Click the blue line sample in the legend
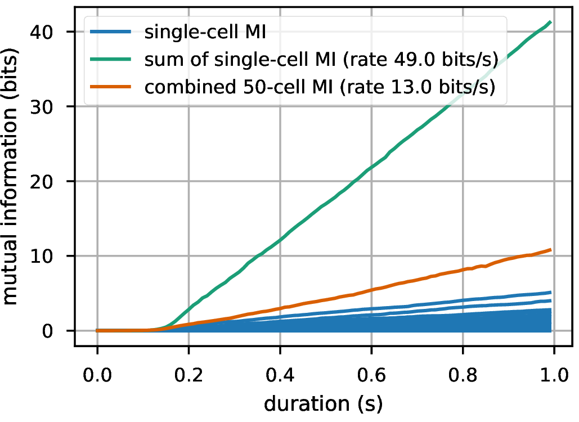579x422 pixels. coord(112,32)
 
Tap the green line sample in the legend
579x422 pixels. coord(112,60)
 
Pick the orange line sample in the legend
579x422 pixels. coord(112,88)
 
